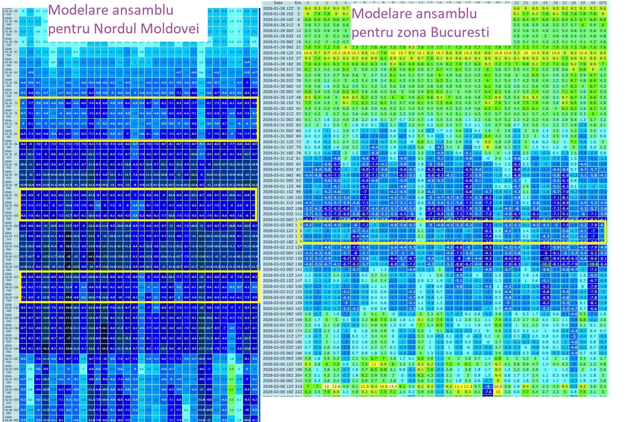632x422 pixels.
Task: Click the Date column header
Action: [x=278, y=3]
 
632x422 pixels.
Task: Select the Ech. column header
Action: [x=298, y=3]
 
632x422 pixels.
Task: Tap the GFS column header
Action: [x=603, y=3]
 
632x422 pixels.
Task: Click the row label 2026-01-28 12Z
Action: [x=278, y=8]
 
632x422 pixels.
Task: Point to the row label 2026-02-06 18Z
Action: [x=278, y=392]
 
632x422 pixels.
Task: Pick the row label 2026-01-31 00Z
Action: [x=278, y=120]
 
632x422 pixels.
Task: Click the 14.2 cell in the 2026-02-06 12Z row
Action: [x=497, y=386]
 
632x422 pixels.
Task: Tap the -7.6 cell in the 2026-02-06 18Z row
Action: [x=488, y=392]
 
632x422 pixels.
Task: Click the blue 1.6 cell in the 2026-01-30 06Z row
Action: [x=327, y=86]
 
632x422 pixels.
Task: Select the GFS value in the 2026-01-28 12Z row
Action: [x=603, y=8]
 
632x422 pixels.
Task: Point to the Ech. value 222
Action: [x=298, y=392]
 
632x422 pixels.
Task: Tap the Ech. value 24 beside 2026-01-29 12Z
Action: [x=298, y=53]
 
